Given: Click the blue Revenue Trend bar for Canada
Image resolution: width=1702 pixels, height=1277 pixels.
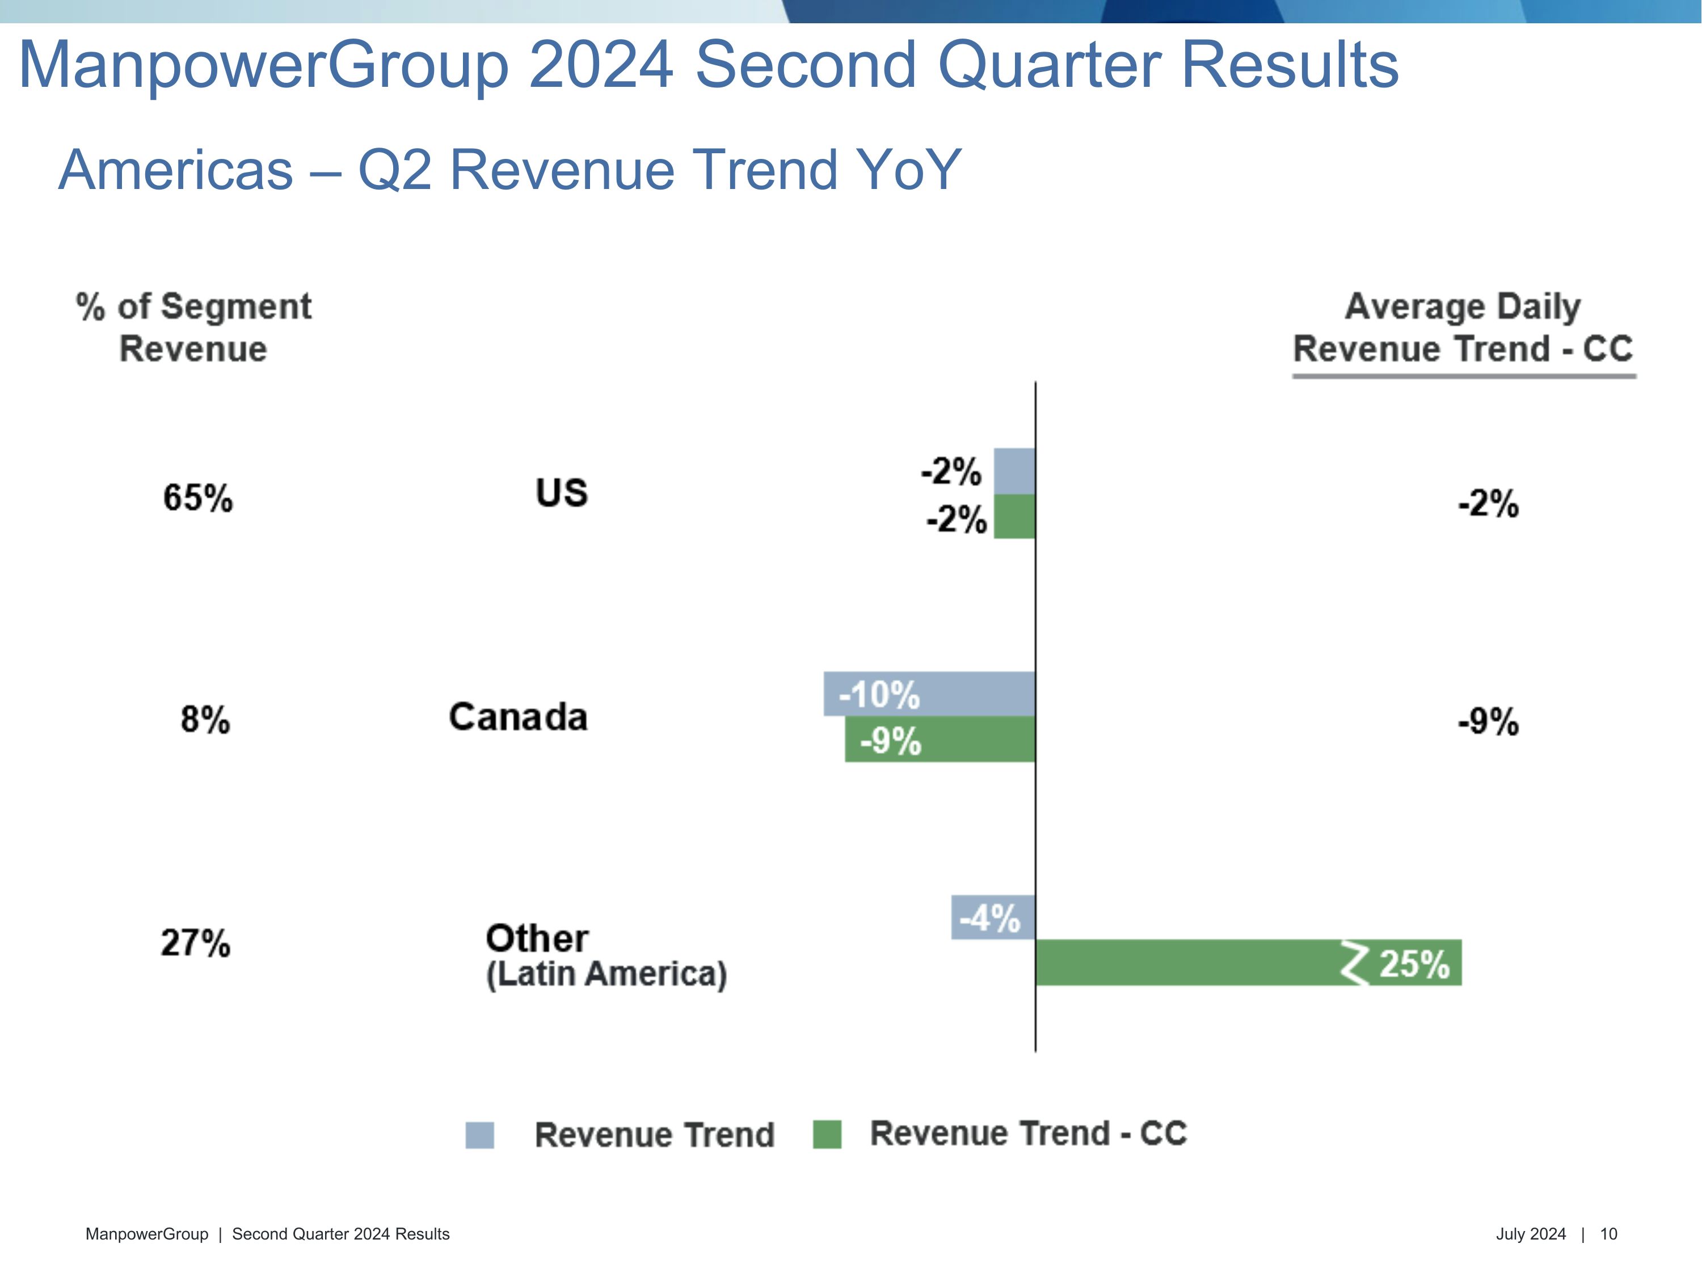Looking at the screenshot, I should coord(929,694).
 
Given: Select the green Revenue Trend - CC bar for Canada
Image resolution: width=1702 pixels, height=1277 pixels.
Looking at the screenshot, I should coord(940,740).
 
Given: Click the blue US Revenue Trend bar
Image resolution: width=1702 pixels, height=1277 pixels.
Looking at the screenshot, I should coord(1014,471).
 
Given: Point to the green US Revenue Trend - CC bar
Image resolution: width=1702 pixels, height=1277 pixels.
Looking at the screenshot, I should coord(1014,516).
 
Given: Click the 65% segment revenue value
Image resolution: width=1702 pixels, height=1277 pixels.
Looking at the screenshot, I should coord(198,497).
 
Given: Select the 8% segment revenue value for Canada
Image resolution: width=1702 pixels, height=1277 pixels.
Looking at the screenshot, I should coord(205,720).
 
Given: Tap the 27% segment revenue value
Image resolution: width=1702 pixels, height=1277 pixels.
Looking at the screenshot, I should coord(195,943).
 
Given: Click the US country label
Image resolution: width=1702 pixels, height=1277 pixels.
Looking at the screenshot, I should coord(562,493).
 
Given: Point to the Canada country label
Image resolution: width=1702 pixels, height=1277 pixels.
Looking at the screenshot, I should coord(518,717).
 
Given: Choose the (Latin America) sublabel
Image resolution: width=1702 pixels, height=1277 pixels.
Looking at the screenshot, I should coord(606,974).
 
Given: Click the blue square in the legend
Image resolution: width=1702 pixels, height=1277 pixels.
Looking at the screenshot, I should coord(479,1135).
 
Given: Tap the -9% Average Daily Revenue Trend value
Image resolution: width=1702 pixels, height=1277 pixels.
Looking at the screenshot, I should coord(1488,722).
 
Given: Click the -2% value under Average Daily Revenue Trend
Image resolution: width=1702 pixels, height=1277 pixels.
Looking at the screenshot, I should coord(1488,504).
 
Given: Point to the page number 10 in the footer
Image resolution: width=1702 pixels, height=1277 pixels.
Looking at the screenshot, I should coord(1608,1234).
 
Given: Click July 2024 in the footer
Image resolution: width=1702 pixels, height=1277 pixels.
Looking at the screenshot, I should coord(1531,1234).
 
